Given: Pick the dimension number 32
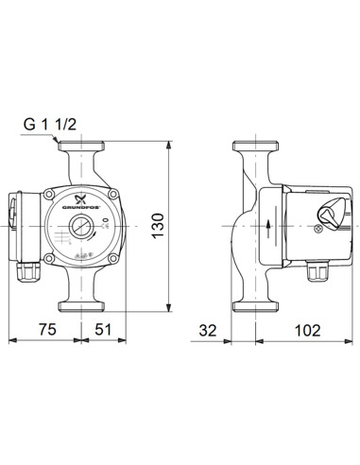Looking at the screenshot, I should click(x=211, y=331).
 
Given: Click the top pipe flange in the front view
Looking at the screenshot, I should click(x=84, y=149).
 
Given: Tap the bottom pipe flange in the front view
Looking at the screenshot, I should click(x=84, y=304).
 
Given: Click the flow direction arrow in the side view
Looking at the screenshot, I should click(x=269, y=227).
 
